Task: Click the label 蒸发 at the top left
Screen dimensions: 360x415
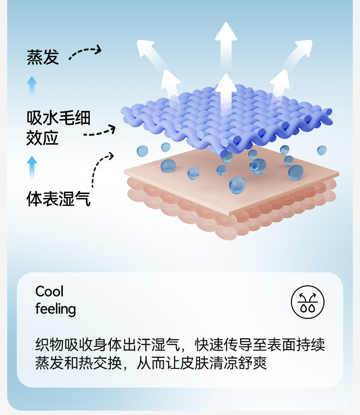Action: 43,57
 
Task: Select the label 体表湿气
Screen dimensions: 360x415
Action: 58,198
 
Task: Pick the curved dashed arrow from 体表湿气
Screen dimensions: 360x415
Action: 100,166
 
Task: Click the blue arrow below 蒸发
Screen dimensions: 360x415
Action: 32,86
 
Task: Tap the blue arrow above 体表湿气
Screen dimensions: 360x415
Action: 32,166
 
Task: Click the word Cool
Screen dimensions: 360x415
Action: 49,292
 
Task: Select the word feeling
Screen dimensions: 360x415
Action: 56,309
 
